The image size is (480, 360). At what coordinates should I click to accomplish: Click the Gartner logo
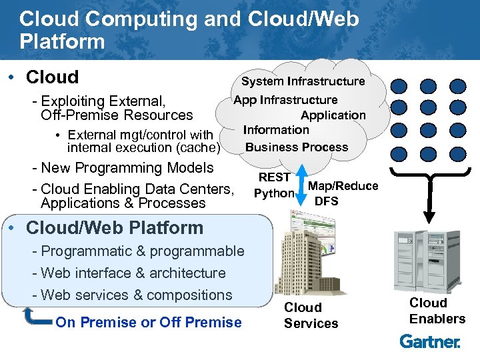point(430,341)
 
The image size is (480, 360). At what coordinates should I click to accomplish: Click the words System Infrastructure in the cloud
point(303,81)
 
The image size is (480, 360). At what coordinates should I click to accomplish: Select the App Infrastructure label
point(285,100)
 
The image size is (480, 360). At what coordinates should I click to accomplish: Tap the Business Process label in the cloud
point(297,147)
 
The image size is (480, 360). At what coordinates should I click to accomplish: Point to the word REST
point(274,177)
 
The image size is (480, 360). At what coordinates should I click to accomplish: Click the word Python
point(274,193)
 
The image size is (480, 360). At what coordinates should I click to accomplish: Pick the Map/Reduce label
point(343,186)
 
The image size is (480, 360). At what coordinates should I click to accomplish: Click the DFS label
point(327,201)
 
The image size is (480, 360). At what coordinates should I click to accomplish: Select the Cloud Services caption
point(311,315)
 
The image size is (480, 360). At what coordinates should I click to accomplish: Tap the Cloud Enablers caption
point(437,311)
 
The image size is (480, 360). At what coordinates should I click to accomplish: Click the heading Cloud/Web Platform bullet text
point(114,227)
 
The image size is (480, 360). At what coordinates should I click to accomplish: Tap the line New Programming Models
point(127,167)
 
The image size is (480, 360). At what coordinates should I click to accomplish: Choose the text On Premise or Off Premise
point(149,323)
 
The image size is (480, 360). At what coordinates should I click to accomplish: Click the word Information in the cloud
point(276,130)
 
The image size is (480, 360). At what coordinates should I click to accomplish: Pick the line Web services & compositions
point(137,295)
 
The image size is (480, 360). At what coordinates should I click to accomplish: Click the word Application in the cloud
point(333,115)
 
